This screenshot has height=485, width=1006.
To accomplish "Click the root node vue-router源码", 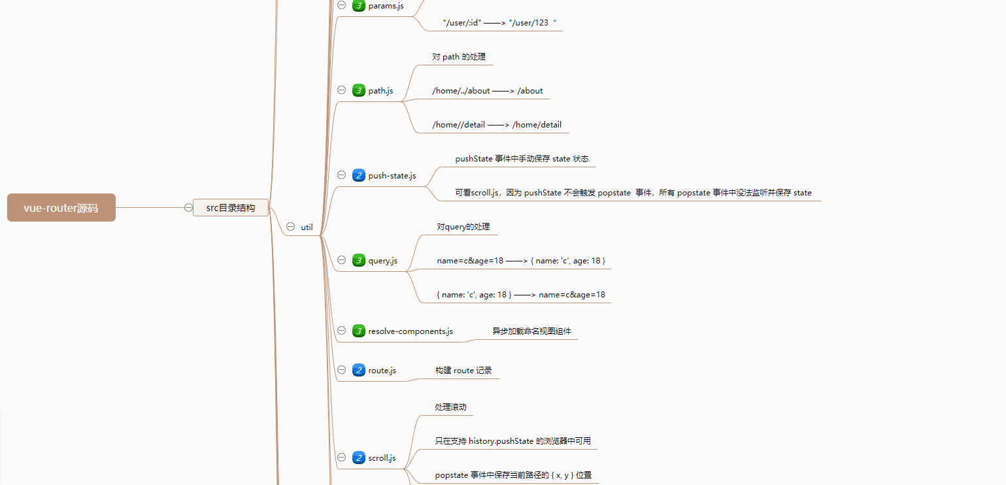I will pyautogui.click(x=61, y=208).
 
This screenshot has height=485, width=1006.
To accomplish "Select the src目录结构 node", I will pyautogui.click(x=231, y=208).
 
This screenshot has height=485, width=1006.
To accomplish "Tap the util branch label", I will pyautogui.click(x=307, y=227).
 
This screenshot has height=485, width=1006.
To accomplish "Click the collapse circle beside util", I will pyautogui.click(x=290, y=227).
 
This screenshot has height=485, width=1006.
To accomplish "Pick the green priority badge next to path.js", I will pyautogui.click(x=358, y=90).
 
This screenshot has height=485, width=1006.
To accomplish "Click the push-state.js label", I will pyautogui.click(x=392, y=175).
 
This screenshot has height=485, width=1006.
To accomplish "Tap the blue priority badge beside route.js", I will pyautogui.click(x=358, y=371).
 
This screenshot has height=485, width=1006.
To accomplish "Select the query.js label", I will pyautogui.click(x=382, y=260).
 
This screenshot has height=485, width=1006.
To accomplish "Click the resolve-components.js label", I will pyautogui.click(x=410, y=331).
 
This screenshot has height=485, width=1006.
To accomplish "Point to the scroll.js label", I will pyautogui.click(x=382, y=458).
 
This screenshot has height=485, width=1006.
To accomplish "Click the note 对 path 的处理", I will pyautogui.click(x=459, y=57).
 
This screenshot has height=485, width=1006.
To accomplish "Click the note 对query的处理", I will pyautogui.click(x=463, y=227).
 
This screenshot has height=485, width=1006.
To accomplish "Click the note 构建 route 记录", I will pyautogui.click(x=463, y=371).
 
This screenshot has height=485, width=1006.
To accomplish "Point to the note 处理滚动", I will pyautogui.click(x=450, y=407).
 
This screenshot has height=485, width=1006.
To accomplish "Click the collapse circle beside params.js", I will pyautogui.click(x=341, y=5).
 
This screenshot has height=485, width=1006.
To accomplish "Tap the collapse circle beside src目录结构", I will pyautogui.click(x=188, y=208).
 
